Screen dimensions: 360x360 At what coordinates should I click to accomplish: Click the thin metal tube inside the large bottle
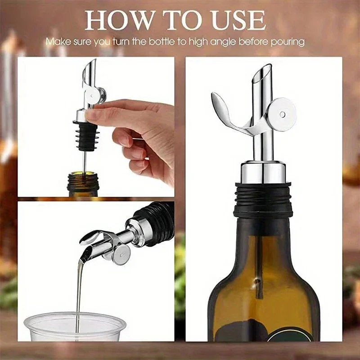pos(260,265)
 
